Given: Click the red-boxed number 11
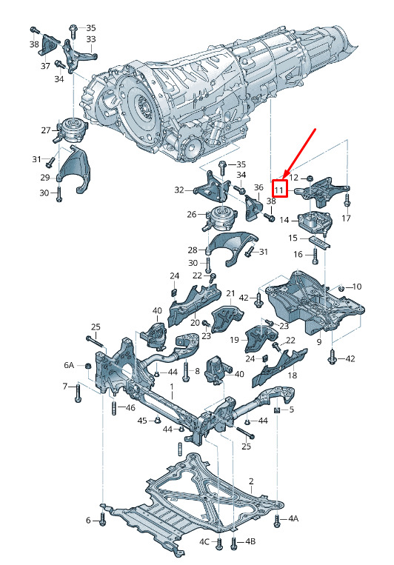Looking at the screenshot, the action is tap(279, 189).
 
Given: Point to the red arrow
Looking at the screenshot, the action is tap(299, 154).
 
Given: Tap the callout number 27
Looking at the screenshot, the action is tap(46, 130).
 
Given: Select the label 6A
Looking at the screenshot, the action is tap(69, 365).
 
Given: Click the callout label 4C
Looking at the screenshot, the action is tap(204, 541).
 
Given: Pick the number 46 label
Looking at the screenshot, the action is tap(130, 407).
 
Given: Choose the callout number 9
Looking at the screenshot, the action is tap(318, 341).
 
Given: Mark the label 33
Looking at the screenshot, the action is tap(91, 39).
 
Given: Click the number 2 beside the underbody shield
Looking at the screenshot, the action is tap(251, 481).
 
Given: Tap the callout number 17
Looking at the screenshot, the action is tap(346, 218).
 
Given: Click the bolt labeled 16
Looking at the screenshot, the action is tap(315, 255).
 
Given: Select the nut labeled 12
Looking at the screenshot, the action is tap(309, 178).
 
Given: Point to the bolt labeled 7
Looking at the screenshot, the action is tap(79, 393).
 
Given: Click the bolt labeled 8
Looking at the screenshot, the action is tap(185, 372).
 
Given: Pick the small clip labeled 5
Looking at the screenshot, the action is tap(278, 409).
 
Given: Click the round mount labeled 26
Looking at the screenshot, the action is tap(219, 218).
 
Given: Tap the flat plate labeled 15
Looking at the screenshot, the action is tap(320, 242).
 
